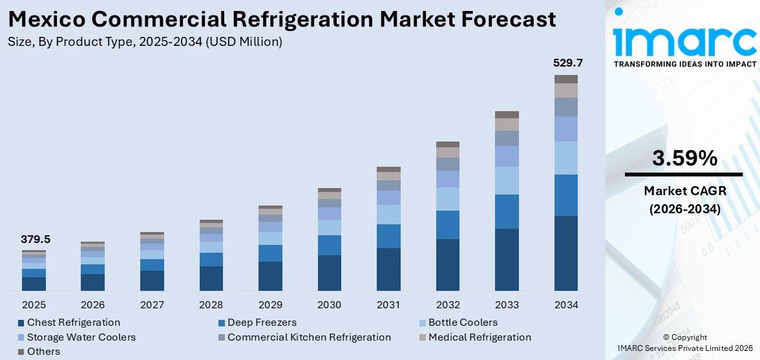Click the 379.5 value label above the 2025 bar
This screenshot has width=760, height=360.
click(35, 239)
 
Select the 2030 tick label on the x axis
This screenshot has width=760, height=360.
click(329, 304)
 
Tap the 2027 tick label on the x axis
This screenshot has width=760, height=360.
click(152, 304)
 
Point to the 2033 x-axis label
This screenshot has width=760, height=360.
click(507, 304)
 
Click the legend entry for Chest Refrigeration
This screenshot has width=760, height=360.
click(73, 322)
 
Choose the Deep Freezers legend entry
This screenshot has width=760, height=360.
click(261, 322)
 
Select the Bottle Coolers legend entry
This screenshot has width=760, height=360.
click(463, 322)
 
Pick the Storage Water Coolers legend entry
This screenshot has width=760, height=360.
click(81, 337)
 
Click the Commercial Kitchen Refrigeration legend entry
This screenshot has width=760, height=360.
click(308, 337)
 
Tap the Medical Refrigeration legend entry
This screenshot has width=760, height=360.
click(479, 337)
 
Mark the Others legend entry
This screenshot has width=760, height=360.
click(43, 352)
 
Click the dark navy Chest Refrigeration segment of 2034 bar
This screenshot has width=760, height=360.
click(565, 253)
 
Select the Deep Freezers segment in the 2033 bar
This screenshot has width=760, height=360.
click(507, 211)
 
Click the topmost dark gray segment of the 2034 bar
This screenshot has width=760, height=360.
click(565, 79)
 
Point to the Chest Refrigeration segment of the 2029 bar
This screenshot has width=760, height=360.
click(270, 276)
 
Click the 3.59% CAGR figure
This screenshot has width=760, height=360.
click(684, 158)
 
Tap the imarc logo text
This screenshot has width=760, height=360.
click(684, 41)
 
